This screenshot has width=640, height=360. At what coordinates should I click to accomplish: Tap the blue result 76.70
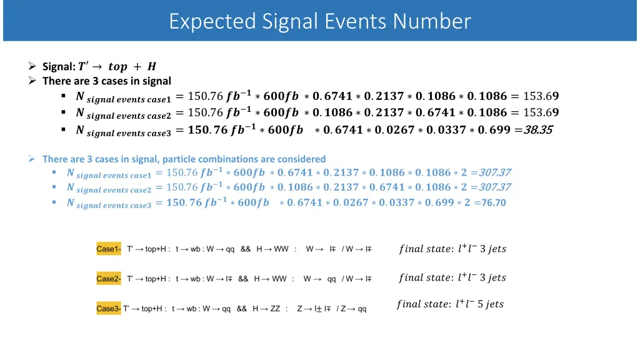(x=494, y=202)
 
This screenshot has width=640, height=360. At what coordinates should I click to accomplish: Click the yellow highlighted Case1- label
(x=109, y=249)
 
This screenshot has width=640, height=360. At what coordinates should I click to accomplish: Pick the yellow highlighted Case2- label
(x=109, y=279)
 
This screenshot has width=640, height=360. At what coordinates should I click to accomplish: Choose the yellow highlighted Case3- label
(x=109, y=309)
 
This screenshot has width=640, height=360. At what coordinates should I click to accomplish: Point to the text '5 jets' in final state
(x=491, y=304)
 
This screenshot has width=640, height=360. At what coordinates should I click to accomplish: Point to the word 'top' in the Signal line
(x=117, y=66)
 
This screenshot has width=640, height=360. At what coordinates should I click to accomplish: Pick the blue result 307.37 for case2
(x=495, y=187)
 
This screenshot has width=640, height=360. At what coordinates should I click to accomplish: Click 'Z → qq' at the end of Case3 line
(x=354, y=309)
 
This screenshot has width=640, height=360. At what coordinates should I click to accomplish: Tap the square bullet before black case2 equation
(x=64, y=113)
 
